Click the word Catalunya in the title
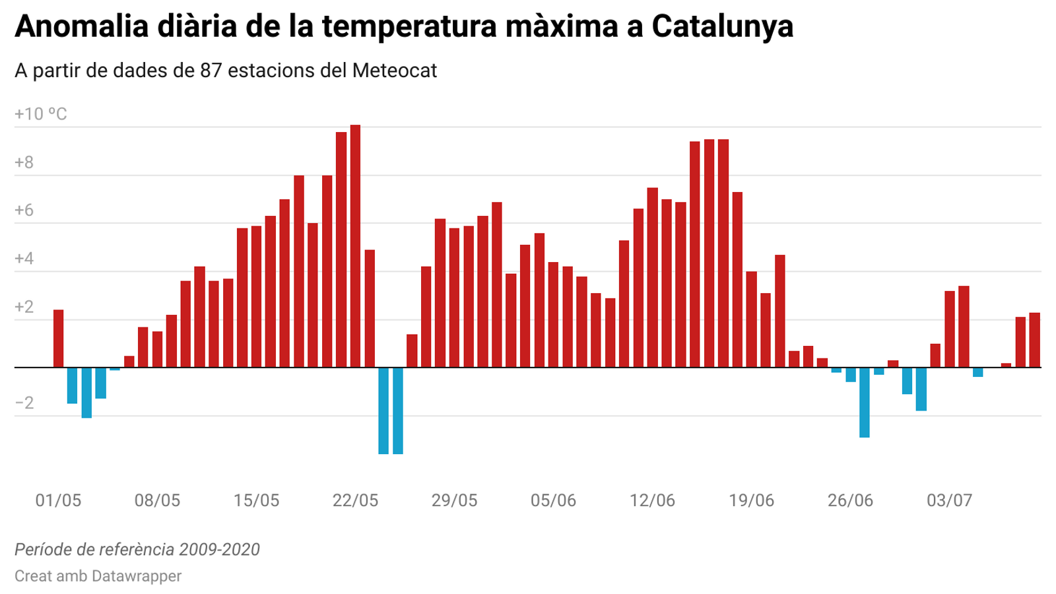tap(722, 26)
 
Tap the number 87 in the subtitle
tap(211, 71)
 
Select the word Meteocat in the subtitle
tap(394, 71)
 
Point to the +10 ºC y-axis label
tap(41, 114)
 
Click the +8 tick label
tap(24, 162)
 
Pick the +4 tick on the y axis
tap(24, 259)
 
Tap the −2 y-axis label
tap(24, 403)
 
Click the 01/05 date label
tap(58, 500)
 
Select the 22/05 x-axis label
tap(355, 500)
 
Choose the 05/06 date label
tap(553, 500)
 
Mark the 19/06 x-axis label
tap(751, 500)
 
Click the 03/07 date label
tap(949, 500)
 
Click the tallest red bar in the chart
tap(355, 246)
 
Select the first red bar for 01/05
tap(58, 338)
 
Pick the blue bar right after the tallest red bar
tap(383, 411)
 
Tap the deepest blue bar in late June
tap(864, 402)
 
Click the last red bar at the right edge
tap(1034, 340)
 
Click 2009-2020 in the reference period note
tap(219, 549)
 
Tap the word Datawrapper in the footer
tap(136, 576)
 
